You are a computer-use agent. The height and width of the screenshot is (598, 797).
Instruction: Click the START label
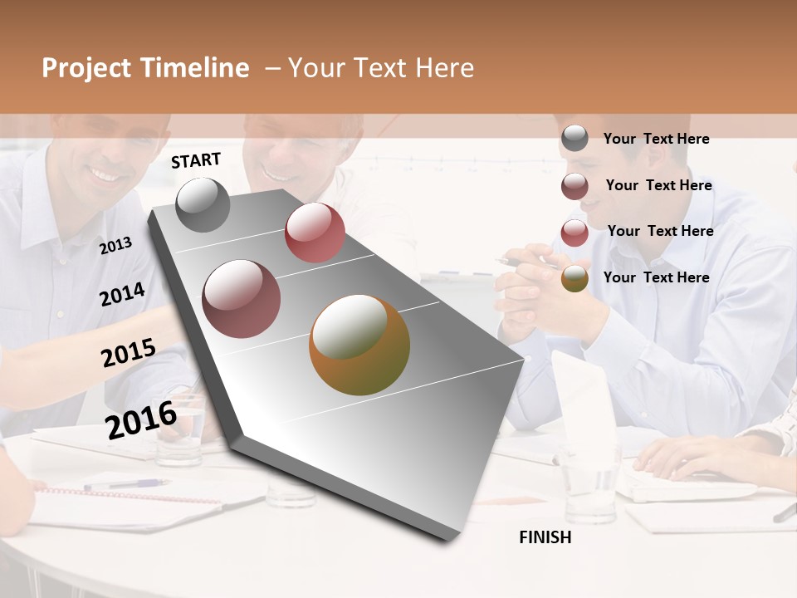pos(196,160)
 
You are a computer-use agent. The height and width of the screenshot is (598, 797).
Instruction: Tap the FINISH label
pos(545,537)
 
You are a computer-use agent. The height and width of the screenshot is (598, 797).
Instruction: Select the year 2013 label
pos(115,245)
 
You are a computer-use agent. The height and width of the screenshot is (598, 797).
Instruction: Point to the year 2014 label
pos(122,294)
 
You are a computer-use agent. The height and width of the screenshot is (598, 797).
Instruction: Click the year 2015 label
pos(129,353)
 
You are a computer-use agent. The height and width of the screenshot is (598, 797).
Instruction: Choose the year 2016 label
pos(141,419)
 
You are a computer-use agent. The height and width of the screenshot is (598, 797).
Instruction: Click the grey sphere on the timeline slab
pos(203,204)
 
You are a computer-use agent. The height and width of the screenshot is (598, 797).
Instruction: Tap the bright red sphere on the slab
pos(315,233)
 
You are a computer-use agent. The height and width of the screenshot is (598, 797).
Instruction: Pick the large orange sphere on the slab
pos(359,345)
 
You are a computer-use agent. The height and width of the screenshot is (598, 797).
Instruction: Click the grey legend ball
pos(575,139)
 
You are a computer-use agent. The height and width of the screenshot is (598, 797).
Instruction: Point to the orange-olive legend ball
pos(575,278)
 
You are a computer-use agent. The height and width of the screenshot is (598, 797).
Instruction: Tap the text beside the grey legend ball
pos(656,139)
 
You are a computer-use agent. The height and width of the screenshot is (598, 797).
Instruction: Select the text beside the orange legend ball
pos(656,277)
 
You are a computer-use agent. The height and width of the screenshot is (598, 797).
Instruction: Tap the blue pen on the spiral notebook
pos(125,483)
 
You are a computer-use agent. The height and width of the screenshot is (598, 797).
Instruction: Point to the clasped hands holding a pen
pos(540,291)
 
